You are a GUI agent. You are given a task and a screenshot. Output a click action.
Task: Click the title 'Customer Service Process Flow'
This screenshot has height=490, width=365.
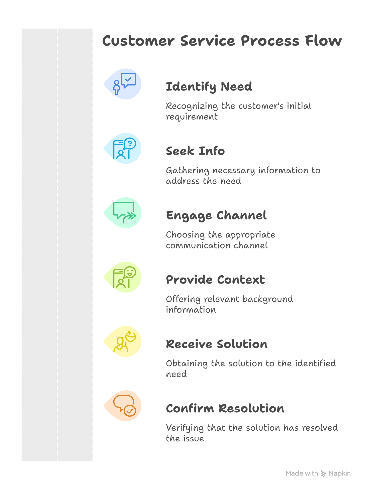[222, 41]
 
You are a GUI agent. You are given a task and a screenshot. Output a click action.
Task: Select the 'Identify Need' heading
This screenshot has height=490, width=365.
[209, 87]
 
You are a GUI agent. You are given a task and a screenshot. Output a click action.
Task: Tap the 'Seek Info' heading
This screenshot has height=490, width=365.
[196, 151]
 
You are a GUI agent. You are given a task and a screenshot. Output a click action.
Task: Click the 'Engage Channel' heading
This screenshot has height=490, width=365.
[216, 215]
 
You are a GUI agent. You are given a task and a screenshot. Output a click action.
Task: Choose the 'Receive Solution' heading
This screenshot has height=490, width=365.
[217, 344]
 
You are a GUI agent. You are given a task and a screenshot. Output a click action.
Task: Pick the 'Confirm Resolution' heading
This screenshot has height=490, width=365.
[225, 409]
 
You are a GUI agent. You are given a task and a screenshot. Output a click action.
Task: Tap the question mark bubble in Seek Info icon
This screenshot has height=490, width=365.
[130, 144]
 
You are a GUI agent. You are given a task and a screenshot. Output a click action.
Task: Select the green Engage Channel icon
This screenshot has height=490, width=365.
[124, 212]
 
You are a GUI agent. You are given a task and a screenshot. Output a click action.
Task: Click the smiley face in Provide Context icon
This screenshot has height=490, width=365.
[130, 272]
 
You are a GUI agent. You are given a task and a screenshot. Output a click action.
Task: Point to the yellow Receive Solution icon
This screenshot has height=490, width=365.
[124, 341]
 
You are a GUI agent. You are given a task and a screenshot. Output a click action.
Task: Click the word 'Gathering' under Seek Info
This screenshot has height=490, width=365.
[188, 171]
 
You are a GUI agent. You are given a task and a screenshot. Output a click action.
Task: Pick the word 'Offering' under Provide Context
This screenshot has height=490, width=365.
[183, 299]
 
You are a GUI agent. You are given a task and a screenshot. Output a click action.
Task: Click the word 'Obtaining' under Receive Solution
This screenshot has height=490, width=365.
[187, 364]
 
